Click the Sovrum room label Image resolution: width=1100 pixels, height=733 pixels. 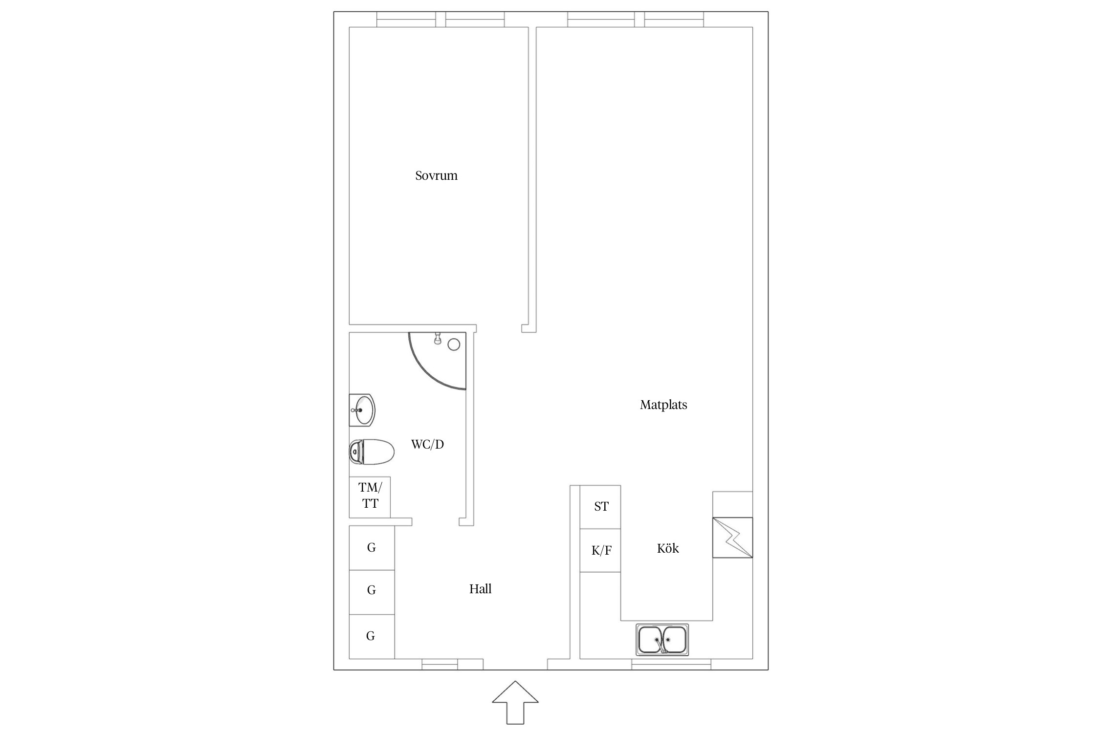click(x=436, y=175)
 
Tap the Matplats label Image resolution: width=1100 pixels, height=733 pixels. click(x=663, y=405)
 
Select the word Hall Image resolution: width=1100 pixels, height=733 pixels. click(x=480, y=589)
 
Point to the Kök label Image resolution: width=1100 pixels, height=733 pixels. click(x=668, y=548)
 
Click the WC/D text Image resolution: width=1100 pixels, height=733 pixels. click(x=427, y=444)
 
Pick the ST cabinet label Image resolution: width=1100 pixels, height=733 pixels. click(x=601, y=507)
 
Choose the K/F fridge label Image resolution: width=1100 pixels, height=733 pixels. click(x=601, y=551)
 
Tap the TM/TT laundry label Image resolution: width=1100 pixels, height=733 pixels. click(x=370, y=496)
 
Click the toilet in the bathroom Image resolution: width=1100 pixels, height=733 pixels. click(x=372, y=452)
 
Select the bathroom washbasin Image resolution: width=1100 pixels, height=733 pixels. click(x=362, y=410)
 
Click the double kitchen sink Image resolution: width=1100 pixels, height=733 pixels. click(x=662, y=640)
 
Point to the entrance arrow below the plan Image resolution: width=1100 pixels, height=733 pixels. click(x=515, y=702)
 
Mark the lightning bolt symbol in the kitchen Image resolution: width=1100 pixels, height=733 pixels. click(x=733, y=538)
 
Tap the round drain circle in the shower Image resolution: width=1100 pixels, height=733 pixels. click(x=454, y=345)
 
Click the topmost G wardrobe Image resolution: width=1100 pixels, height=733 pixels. click(x=372, y=548)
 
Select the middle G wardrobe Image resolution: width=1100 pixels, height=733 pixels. click(x=372, y=592)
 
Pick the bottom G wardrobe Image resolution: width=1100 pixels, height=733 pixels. click(x=372, y=636)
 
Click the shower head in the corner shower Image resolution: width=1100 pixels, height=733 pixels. click(x=438, y=338)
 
